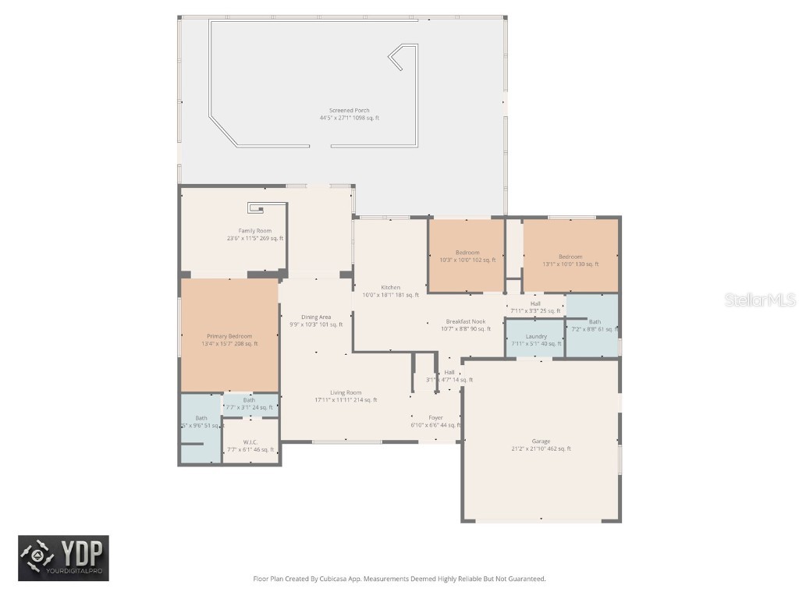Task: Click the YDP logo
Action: tap(64, 558)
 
